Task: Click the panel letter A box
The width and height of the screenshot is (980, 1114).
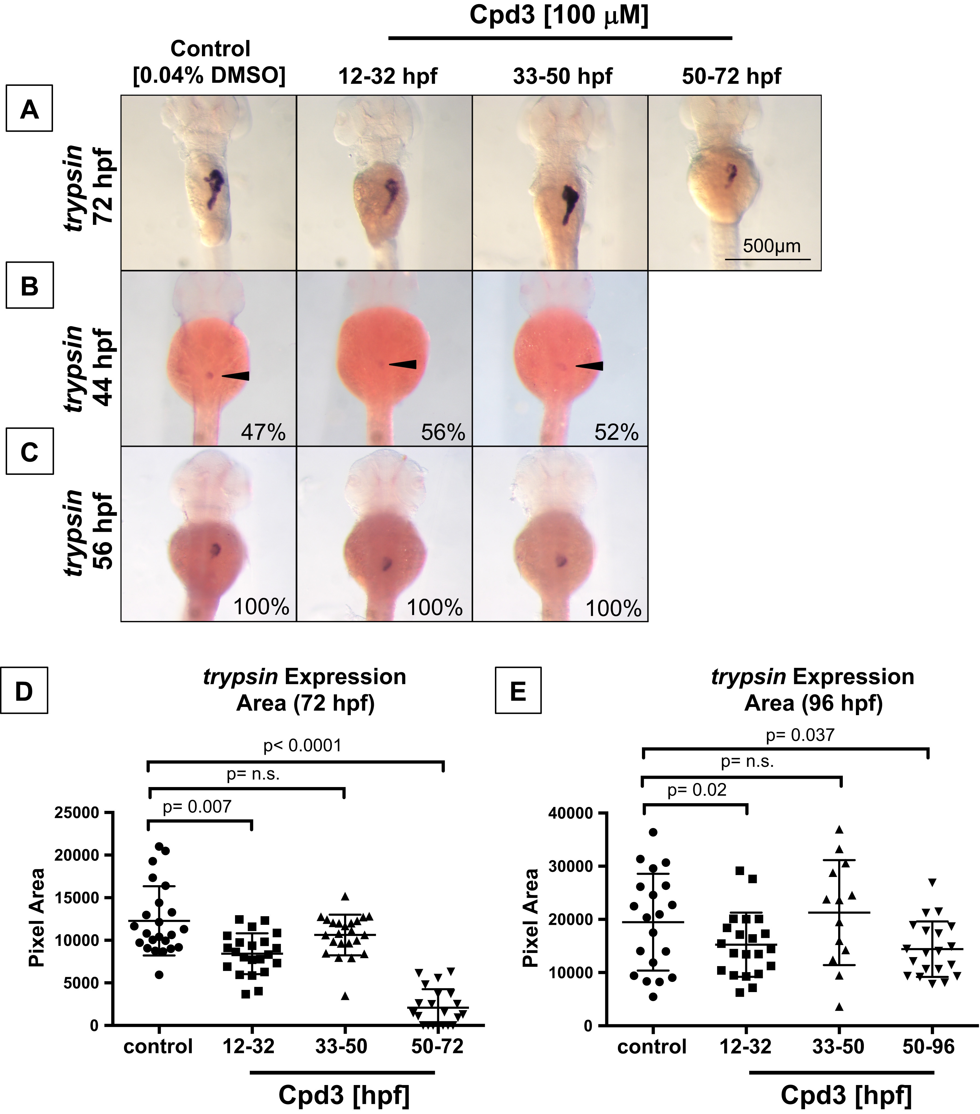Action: [x=30, y=108]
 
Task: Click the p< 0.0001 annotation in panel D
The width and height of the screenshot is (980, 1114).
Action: [x=302, y=745]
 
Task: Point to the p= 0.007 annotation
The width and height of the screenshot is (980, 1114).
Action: [x=197, y=807]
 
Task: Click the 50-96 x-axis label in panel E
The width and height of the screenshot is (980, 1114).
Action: [x=928, y=1046]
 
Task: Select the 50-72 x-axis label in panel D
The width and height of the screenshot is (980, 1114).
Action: [x=438, y=1046]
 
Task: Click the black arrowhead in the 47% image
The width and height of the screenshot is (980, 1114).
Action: [x=235, y=376]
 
